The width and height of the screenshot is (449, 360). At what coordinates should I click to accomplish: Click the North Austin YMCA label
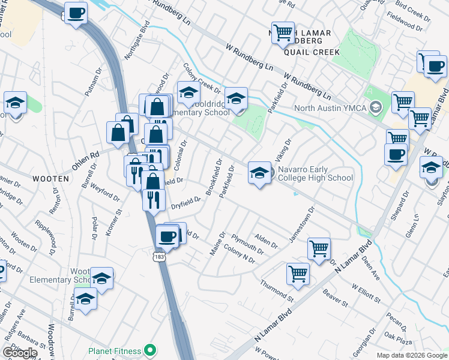pos(331,109)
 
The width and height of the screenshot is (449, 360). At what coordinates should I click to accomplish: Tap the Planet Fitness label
pos(115,351)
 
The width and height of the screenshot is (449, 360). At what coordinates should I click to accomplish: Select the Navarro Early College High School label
pos(315,173)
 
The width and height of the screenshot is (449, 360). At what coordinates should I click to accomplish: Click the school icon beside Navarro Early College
pos(259,173)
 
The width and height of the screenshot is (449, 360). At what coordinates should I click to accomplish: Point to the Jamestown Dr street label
pos(302,225)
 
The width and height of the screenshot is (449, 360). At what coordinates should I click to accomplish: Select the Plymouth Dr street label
pos(247,244)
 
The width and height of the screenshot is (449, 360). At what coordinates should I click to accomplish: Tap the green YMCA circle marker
pos(376,109)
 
